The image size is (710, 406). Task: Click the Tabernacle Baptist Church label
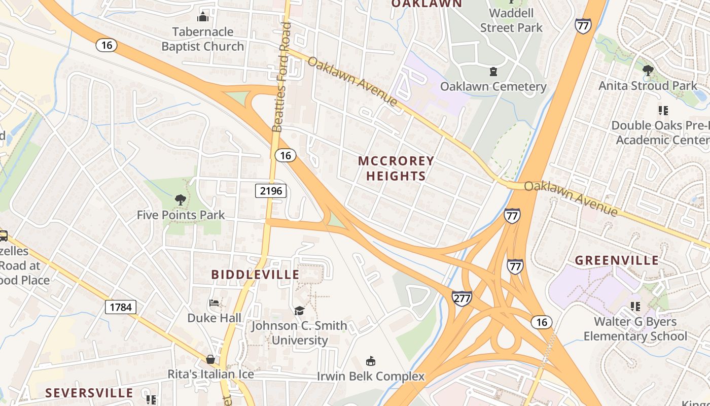tap(202, 39)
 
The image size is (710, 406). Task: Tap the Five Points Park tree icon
tap(180, 200)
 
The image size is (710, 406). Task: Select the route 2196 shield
tap(270, 191)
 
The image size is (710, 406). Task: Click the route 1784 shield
tap(121, 307)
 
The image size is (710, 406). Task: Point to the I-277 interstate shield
tap(461, 298)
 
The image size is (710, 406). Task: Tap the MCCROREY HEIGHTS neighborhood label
tap(396, 168)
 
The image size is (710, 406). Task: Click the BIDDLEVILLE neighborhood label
tap(255, 275)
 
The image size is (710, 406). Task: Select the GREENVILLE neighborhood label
tap(617, 260)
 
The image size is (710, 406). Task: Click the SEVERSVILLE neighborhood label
tap(89, 393)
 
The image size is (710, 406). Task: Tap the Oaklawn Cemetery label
tap(493, 86)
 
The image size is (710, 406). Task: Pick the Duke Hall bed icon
tap(214, 303)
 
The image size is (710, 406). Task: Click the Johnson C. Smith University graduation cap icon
tap(299, 311)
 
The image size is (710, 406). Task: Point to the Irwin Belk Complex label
tap(371, 376)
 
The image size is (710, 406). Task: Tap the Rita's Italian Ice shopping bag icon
tap(210, 359)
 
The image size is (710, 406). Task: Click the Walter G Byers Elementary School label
tap(635, 329)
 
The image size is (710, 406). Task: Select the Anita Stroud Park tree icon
tap(648, 71)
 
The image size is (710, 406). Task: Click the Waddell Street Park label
tap(511, 20)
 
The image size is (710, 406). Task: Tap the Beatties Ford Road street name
tap(282, 76)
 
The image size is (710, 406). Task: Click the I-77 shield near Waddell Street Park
tap(583, 26)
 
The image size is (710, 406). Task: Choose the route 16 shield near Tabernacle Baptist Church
tap(106, 45)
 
